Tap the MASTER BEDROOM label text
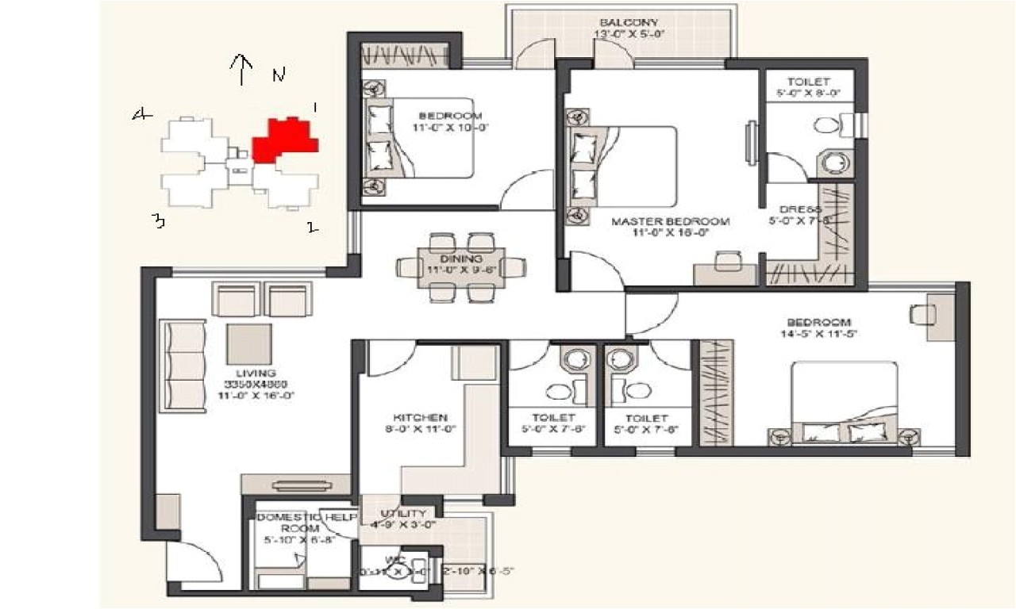(x=670, y=221)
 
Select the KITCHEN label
(x=420, y=417)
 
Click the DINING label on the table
(x=461, y=259)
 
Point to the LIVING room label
(x=255, y=373)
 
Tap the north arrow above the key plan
(x=241, y=69)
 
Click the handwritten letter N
(x=278, y=75)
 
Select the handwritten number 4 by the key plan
(x=142, y=116)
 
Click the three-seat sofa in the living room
(x=184, y=366)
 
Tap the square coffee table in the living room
(x=248, y=343)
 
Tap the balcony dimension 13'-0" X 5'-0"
(x=629, y=34)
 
